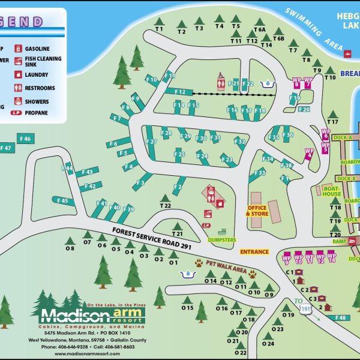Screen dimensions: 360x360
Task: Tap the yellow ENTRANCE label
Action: (254, 252)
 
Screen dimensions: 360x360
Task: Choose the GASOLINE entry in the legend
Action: (37, 49)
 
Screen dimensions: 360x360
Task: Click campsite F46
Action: (25, 139)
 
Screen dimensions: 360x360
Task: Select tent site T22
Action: (166, 206)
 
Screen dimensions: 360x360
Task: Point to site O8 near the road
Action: (70, 248)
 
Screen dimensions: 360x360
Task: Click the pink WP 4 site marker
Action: (309, 154)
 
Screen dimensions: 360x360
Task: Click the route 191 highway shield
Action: (307, 308)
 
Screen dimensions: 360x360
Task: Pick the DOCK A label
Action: (343, 138)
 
